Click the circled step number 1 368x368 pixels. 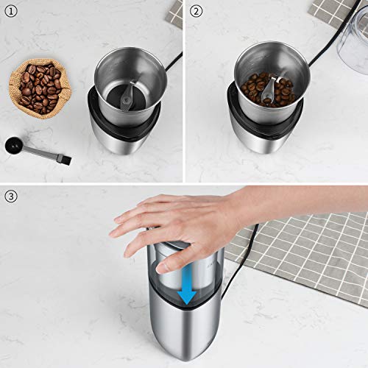click(10, 10)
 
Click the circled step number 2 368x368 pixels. click(196, 10)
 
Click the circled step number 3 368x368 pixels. click(10, 197)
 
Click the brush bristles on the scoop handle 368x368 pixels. click(63, 157)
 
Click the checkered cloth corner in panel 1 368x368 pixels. click(174, 11)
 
